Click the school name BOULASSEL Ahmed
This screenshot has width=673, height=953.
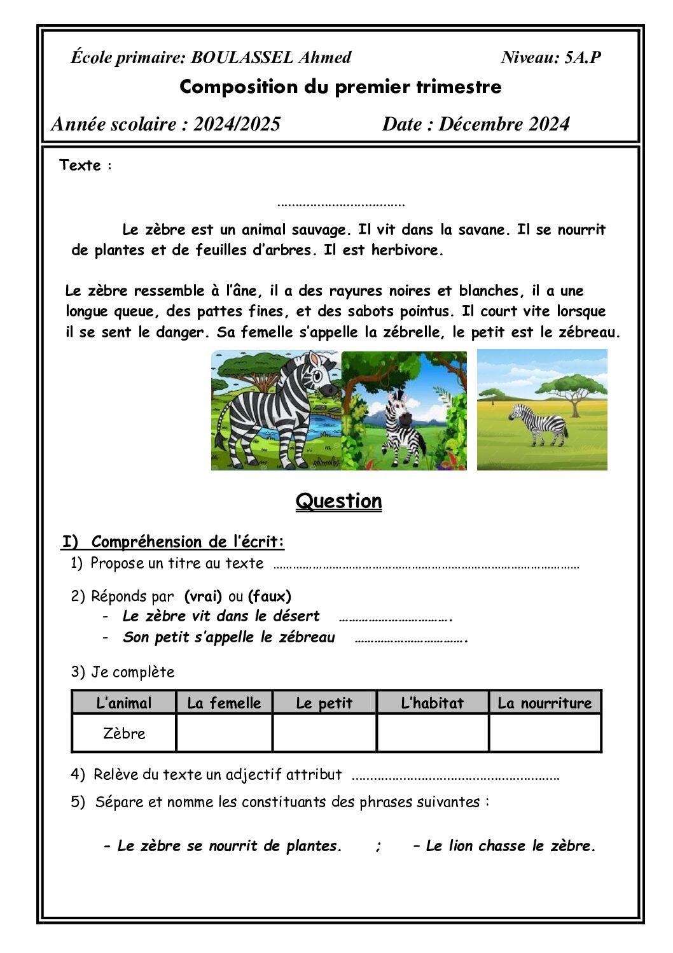click(x=271, y=58)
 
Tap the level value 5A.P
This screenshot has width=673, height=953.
click(x=583, y=58)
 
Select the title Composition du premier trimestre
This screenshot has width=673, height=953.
click(x=340, y=87)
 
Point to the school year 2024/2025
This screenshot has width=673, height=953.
click(x=237, y=124)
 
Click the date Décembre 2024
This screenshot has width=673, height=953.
click(x=504, y=124)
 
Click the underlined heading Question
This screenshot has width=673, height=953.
click(x=338, y=501)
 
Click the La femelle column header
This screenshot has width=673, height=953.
click(x=224, y=703)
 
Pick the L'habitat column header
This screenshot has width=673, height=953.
click(x=433, y=703)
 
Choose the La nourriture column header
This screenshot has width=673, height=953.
click(x=545, y=703)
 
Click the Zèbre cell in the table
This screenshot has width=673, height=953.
click(x=124, y=733)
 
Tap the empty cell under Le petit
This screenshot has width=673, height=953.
click(x=324, y=733)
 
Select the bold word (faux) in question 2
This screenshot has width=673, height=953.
click(x=270, y=597)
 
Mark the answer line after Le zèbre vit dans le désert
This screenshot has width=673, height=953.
click(x=395, y=618)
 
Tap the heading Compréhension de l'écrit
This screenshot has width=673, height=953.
click(x=188, y=542)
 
